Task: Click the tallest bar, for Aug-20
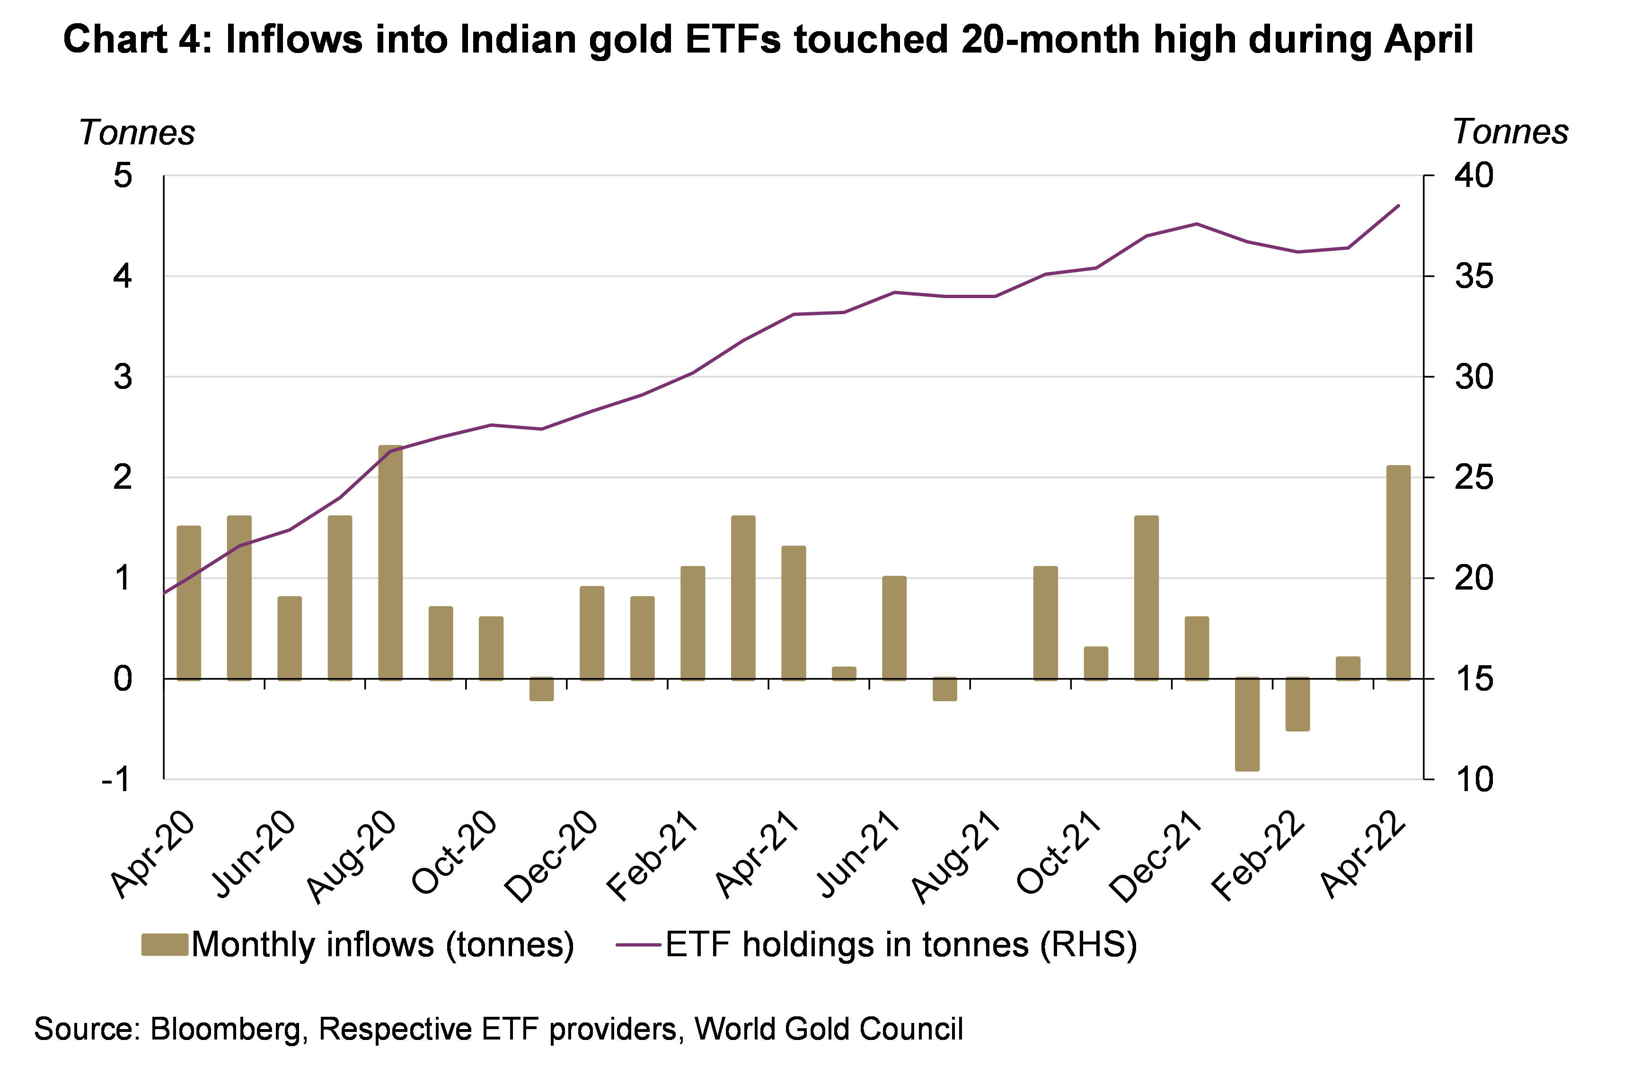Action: [x=390, y=562]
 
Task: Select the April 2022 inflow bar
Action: [x=1398, y=573]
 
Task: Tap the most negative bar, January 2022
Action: [x=1247, y=724]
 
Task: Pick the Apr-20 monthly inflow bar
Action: [x=189, y=603]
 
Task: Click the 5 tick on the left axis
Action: [x=123, y=176]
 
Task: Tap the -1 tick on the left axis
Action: [x=116, y=779]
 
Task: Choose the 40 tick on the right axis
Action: [x=1473, y=176]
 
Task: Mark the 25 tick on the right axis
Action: [x=1473, y=478]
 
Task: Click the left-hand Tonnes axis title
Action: [x=137, y=132]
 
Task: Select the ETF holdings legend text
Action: [x=900, y=945]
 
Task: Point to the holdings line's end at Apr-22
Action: [x=1398, y=206]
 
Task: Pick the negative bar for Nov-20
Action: [x=541, y=689]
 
